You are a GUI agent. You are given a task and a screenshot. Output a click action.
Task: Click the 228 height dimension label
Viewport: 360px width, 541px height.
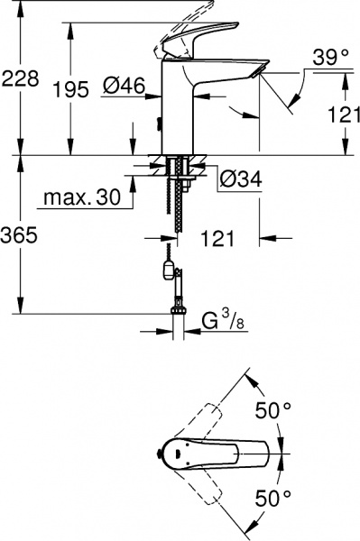[x=20, y=79]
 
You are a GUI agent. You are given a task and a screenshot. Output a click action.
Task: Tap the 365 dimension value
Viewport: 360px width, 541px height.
[x=20, y=237]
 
